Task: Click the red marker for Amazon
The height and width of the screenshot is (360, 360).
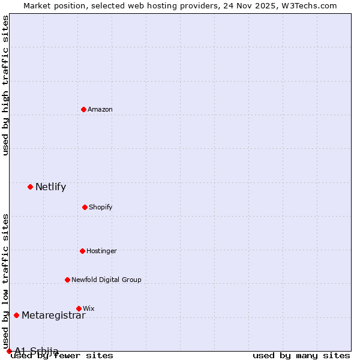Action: [x=83, y=109]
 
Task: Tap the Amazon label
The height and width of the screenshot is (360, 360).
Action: [x=100, y=109]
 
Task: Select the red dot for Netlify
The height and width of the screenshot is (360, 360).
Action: [x=30, y=187]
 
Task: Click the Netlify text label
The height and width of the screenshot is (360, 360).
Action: [x=50, y=187]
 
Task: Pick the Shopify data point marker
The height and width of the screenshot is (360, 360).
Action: [x=85, y=207]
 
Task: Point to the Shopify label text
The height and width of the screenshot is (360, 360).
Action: [x=101, y=207]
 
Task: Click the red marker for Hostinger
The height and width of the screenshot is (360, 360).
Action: [x=82, y=251]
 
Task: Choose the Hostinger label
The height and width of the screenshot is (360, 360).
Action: [x=101, y=251]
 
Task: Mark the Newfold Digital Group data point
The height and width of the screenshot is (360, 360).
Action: [x=67, y=280]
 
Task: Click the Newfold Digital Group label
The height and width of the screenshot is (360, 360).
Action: [x=106, y=280]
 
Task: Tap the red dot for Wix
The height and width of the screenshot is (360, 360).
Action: [x=79, y=308]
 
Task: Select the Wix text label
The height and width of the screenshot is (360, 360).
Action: [x=89, y=308]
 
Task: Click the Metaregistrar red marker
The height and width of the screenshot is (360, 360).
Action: [x=16, y=315]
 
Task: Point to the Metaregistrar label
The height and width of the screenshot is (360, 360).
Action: [x=53, y=316]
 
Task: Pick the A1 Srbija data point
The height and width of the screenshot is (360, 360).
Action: [x=9, y=351]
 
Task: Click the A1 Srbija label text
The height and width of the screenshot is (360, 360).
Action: [x=37, y=351]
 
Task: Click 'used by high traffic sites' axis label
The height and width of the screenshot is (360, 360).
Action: [x=6, y=85]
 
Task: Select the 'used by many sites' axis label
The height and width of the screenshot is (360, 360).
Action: [x=301, y=356]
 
